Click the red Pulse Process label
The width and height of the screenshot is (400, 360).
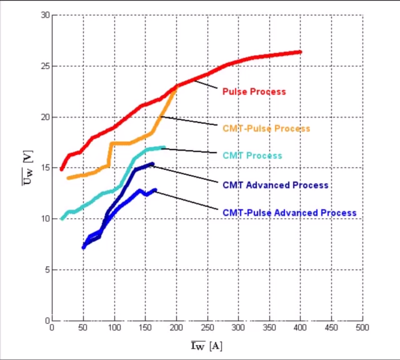click(254, 91)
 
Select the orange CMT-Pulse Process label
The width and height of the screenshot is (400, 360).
click(266, 128)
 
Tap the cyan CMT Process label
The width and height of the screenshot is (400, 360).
click(252, 156)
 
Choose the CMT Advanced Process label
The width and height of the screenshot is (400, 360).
click(275, 185)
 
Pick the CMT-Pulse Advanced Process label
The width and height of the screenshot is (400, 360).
click(289, 212)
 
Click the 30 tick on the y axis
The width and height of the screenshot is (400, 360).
click(44, 15)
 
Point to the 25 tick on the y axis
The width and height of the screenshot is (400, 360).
click(44, 66)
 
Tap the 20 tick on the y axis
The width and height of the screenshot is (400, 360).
click(44, 117)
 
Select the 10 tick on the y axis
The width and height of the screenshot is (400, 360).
click(44, 219)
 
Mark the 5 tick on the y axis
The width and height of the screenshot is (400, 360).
click(47, 270)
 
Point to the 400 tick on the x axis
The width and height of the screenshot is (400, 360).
click(300, 327)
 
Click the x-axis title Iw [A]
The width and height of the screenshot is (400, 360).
click(206, 346)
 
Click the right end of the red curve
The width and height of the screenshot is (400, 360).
click(300, 52)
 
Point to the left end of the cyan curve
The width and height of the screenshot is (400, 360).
click(62, 219)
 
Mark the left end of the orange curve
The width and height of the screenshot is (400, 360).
click(68, 178)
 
